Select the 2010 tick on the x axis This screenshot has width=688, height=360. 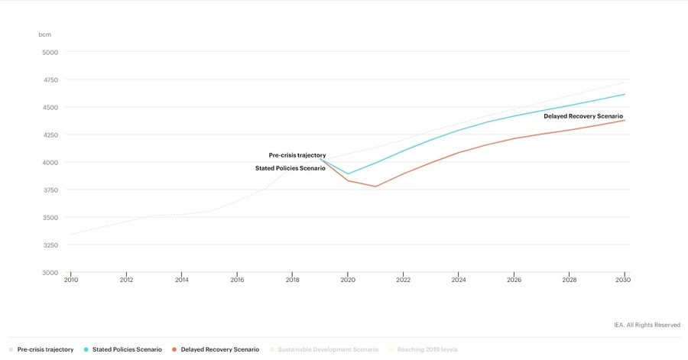tap(71, 281)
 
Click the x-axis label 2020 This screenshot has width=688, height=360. tap(348, 281)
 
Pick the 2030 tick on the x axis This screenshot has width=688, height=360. tap(625, 281)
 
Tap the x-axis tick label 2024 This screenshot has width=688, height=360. tap(459, 281)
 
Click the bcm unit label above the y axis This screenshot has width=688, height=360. tap(44, 35)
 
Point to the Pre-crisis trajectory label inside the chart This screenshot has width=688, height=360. tap(297, 155)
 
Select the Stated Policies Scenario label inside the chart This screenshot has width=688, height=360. tap(290, 168)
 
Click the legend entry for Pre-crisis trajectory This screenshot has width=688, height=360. tap(45, 349)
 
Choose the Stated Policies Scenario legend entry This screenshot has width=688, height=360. tap(127, 349)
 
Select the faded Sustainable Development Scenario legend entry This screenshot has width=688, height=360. tap(328, 349)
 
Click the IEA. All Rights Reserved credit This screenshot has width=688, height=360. tap(647, 325)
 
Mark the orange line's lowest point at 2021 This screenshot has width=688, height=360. tap(375, 186)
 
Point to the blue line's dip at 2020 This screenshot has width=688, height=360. tap(348, 174)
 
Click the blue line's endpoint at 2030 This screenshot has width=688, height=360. tap(625, 94)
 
